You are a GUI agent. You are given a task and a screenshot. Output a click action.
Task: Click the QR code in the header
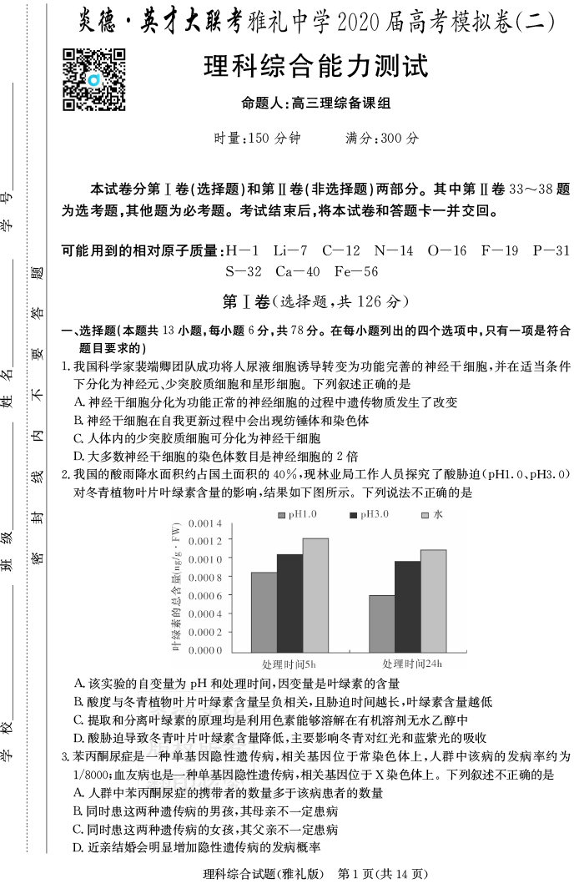point(94,80)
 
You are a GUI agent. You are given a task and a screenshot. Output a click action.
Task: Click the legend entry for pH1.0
point(299,514)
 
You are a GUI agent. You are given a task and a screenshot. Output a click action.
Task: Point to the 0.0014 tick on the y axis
point(205,523)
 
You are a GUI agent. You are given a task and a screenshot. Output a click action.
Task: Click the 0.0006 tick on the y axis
point(205,595)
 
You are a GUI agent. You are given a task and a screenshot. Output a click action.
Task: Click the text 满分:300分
point(383,139)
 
